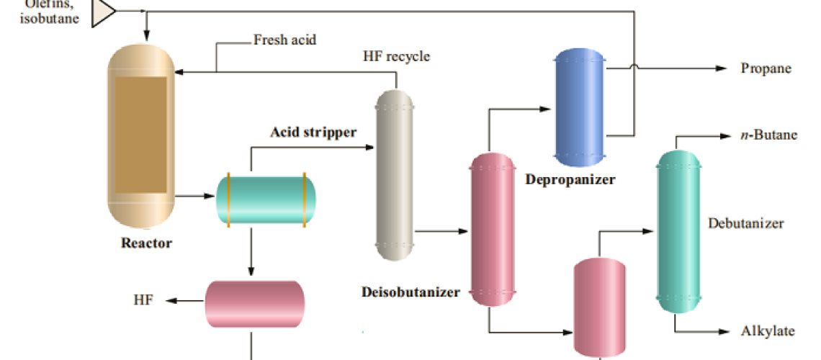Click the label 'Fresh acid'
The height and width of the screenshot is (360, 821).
click(x=284, y=40)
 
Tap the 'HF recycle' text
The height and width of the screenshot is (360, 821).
click(x=396, y=56)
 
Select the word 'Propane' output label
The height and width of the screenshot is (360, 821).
click(x=766, y=69)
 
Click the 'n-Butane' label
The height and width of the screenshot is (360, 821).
click(x=769, y=135)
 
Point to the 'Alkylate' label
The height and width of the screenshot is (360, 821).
click(x=768, y=331)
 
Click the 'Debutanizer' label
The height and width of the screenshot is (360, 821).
click(x=745, y=223)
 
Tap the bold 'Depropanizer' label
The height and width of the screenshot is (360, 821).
click(x=570, y=179)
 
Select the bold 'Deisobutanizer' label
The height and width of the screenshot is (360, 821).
click(x=410, y=292)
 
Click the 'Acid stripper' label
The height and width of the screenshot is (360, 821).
click(x=313, y=132)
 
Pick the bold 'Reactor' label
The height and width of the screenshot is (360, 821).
click(x=146, y=243)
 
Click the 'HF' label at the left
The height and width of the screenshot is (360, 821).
click(x=143, y=300)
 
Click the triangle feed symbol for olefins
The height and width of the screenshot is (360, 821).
click(x=104, y=12)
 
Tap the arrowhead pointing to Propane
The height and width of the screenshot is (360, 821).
click(x=722, y=69)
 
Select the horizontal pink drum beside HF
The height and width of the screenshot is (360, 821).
click(x=255, y=303)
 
